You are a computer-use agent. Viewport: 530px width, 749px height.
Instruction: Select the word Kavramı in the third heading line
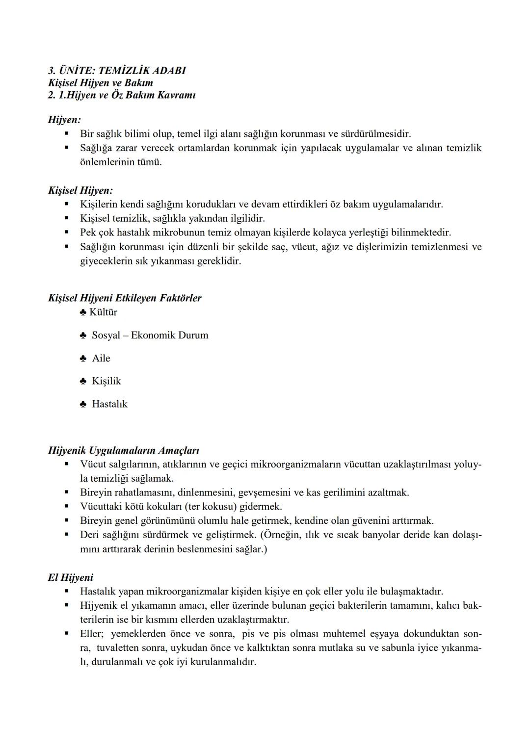click(x=177, y=95)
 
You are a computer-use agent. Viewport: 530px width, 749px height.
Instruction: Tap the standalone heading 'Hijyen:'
click(x=64, y=120)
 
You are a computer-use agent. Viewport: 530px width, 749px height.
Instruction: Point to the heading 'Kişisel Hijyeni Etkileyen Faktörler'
click(x=125, y=298)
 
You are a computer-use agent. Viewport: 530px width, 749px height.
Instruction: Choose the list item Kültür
click(x=103, y=312)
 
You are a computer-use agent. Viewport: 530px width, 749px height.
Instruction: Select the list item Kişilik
click(x=106, y=381)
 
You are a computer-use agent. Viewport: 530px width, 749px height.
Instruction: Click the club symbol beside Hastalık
click(x=83, y=405)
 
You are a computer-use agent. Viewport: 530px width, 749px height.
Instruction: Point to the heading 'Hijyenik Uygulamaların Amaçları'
click(x=123, y=450)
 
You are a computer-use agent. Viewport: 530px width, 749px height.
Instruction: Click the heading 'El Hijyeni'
click(x=70, y=578)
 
